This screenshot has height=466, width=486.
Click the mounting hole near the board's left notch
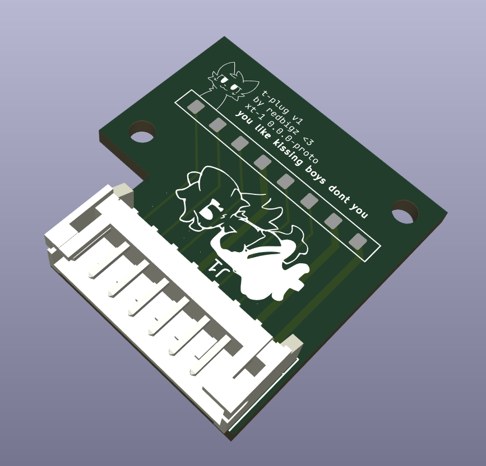pyautogui.click(x=142, y=132)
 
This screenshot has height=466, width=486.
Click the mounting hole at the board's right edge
pyautogui.click(x=405, y=212)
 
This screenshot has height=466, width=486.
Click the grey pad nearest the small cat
pyautogui.click(x=196, y=106)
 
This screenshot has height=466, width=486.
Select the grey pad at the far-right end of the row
pyautogui.click(x=358, y=241)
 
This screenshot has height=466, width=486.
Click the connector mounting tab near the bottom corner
pyautogui.click(x=290, y=342)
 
